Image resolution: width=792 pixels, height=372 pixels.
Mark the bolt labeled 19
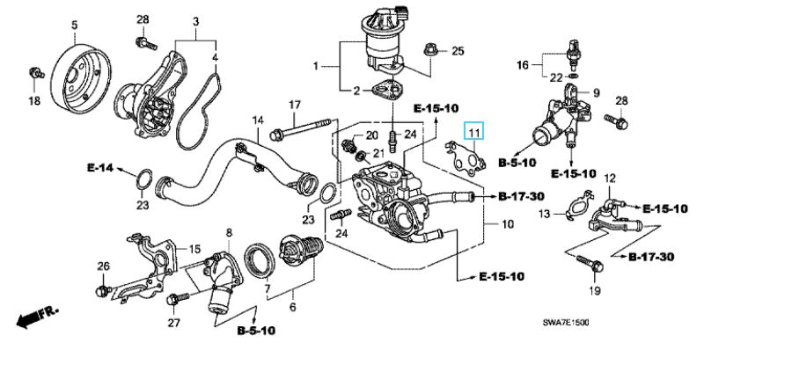point(591,262)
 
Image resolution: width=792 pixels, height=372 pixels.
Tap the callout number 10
point(507,225)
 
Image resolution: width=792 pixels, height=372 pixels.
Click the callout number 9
point(595,92)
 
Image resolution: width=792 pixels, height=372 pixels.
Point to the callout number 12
point(608,179)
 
